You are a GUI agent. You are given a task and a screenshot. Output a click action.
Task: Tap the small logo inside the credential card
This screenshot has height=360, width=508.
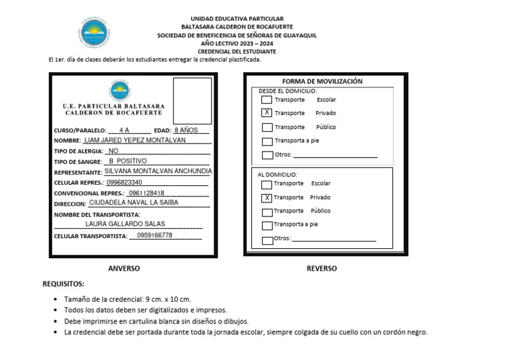(120, 90)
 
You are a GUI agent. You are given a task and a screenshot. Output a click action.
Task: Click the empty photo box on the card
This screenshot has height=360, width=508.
(192, 101)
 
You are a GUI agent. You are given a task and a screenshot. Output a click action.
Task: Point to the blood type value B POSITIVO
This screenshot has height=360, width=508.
(128, 161)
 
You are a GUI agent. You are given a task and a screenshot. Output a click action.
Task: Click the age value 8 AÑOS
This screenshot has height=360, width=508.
(186, 130)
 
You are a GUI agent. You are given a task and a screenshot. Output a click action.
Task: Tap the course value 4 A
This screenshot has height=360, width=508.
(124, 130)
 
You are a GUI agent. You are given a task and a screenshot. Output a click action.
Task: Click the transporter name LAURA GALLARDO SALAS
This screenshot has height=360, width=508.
(125, 224)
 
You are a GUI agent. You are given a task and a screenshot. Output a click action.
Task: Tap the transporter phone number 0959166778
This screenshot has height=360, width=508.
(151, 236)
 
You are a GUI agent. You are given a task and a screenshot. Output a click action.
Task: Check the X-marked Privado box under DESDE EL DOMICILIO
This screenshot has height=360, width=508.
(267, 113)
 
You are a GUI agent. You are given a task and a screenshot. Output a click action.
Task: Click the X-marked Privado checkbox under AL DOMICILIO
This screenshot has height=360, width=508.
(267, 198)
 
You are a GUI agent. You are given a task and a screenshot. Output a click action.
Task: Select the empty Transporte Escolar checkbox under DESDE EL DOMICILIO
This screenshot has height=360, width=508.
(267, 100)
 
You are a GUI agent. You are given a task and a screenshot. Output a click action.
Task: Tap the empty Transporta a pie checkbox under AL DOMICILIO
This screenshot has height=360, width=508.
(267, 225)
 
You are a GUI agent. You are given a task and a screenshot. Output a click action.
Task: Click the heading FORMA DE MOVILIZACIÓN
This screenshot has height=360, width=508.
(322, 81)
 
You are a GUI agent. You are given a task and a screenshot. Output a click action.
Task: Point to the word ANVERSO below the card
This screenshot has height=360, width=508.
(124, 269)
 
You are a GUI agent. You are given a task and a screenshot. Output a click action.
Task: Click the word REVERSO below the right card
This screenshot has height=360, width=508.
(321, 269)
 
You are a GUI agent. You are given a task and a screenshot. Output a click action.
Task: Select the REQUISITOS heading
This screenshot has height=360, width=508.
(63, 284)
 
